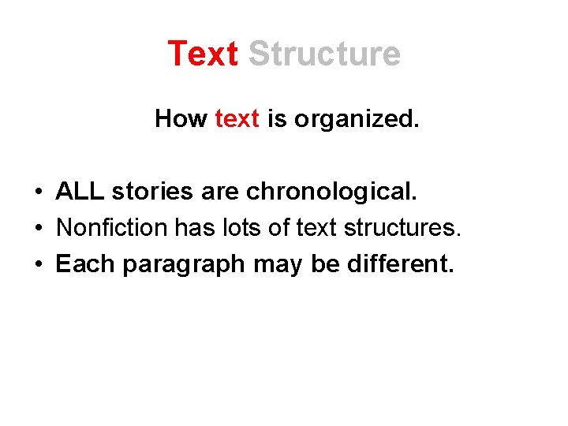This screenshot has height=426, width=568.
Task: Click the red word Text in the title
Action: point(203,54)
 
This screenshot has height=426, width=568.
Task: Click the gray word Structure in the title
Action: point(324,54)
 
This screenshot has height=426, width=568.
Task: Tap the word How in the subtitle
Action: point(181,119)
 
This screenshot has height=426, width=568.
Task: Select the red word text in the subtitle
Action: point(237,119)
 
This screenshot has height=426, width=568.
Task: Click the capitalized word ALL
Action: point(80,192)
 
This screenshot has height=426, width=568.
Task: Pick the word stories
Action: point(149,192)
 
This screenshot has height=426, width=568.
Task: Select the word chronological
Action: point(331,192)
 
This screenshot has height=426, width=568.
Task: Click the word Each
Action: point(84,264)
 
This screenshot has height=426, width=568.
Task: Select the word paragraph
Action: point(184,264)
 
